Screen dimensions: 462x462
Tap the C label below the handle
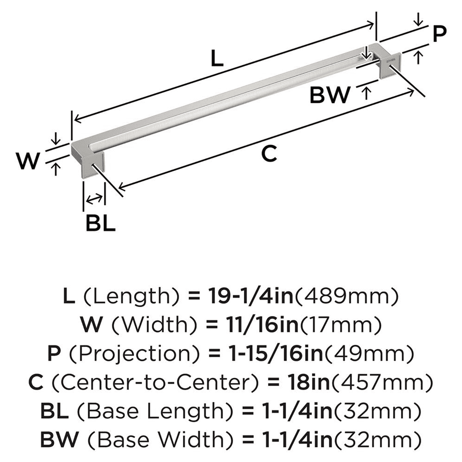[269, 154]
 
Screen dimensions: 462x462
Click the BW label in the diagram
[330, 95]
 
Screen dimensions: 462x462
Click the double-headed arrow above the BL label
[94, 199]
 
